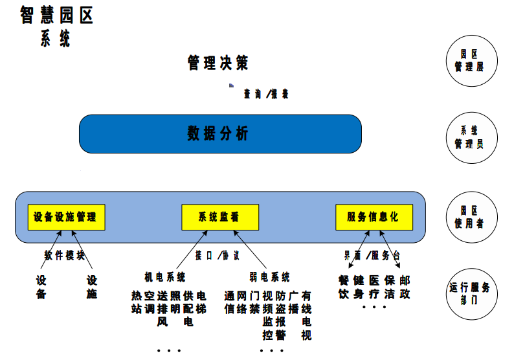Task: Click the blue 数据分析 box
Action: click(x=219, y=134)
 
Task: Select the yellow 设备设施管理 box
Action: click(x=66, y=217)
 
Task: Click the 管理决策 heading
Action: click(x=218, y=63)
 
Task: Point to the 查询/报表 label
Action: click(x=266, y=94)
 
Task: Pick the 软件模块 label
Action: click(x=65, y=255)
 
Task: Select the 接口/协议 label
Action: click(x=218, y=255)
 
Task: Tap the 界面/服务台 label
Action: click(x=372, y=255)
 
